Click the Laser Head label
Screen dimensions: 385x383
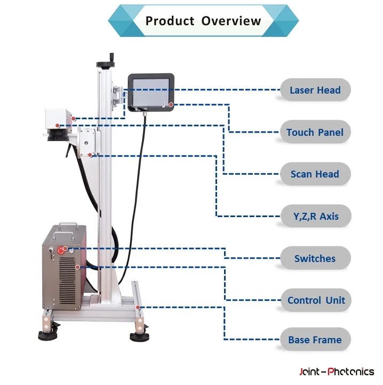point(315,90)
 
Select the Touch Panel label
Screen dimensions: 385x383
point(315,133)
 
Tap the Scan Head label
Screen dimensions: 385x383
point(315,174)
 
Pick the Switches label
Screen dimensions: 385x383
point(315,259)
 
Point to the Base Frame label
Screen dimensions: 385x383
point(315,340)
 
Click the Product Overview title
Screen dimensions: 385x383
point(203,21)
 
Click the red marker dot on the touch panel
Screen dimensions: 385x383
point(171,104)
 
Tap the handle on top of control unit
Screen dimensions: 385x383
point(70,225)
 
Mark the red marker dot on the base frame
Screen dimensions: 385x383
point(138,307)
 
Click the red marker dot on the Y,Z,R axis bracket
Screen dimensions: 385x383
point(91,155)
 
